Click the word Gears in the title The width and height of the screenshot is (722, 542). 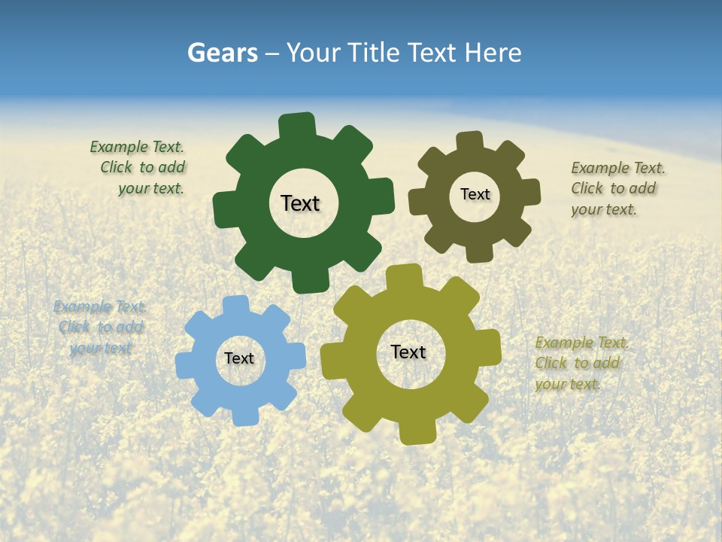coord(223,53)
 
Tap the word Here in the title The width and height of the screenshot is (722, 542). coord(493,53)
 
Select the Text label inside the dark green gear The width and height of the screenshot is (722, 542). coord(300,203)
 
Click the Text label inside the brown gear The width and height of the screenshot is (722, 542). coord(475,194)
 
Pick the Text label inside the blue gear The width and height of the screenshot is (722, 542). coord(239,358)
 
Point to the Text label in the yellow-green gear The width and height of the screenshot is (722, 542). coord(408,352)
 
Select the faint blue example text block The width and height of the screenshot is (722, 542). coord(100,327)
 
